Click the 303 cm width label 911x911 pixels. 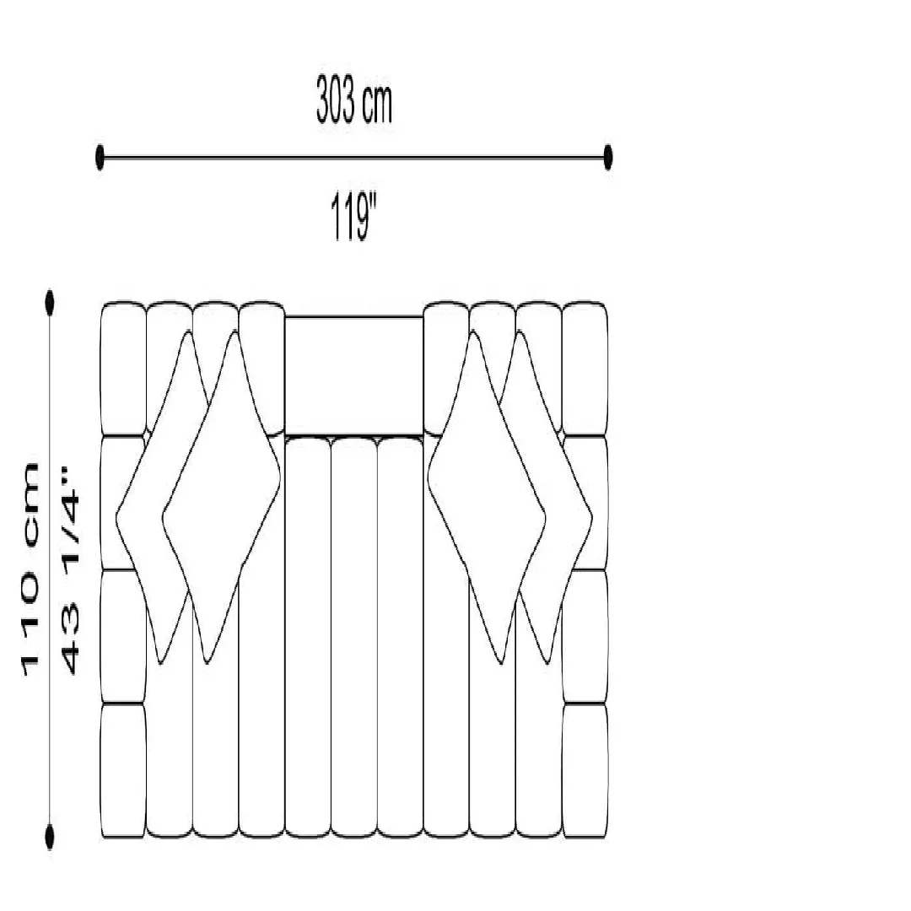pyautogui.click(x=353, y=100)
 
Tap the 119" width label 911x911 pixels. pyautogui.click(x=353, y=218)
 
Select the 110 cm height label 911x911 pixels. pyautogui.click(x=30, y=569)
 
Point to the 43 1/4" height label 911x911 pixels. pyautogui.click(x=70, y=569)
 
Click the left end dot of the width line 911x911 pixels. pyautogui.click(x=100, y=158)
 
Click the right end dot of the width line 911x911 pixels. pyautogui.click(x=607, y=158)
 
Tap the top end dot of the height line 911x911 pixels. pyautogui.click(x=50, y=303)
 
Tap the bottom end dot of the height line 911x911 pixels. pyautogui.click(x=50, y=837)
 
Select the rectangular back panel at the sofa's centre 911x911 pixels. pyautogui.click(x=353, y=375)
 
